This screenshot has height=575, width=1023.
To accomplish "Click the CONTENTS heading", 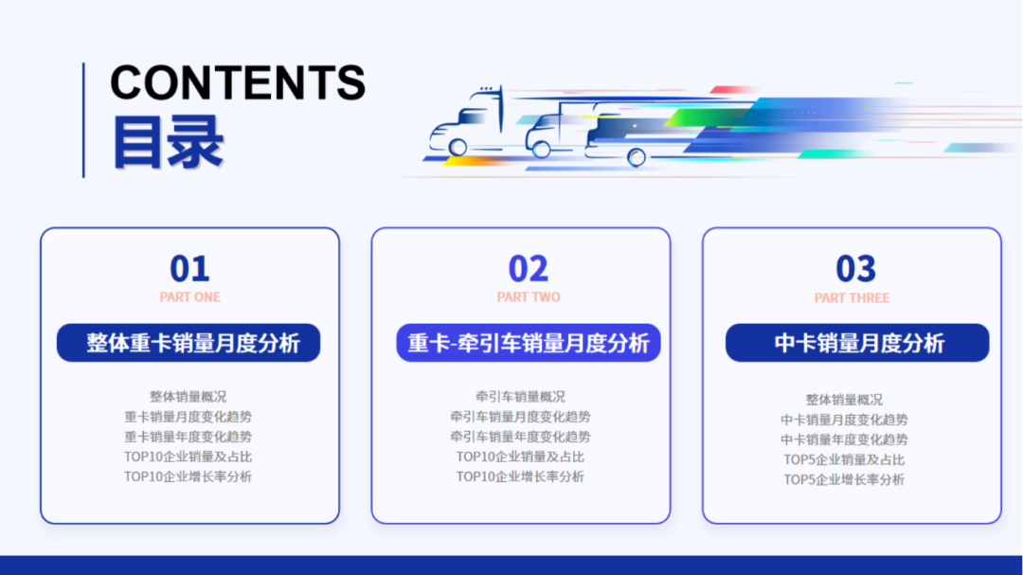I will (x=238, y=83).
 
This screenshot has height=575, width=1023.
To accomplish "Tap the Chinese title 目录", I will (x=168, y=142).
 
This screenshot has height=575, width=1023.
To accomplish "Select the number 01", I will (x=189, y=269).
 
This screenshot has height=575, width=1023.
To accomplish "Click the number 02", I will (x=528, y=269).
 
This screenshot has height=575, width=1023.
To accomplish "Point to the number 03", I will (x=855, y=270).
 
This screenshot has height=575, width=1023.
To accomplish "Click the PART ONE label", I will (x=189, y=297).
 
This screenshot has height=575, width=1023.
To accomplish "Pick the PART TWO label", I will (x=529, y=297).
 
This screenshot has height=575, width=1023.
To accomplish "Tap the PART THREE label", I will (x=852, y=298).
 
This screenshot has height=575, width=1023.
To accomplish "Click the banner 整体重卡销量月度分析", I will (x=188, y=343).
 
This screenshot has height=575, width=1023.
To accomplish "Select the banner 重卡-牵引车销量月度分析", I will (x=528, y=343).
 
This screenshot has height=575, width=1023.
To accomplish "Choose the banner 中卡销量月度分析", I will (x=857, y=343).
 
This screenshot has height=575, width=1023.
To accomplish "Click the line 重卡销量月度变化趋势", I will (x=188, y=417).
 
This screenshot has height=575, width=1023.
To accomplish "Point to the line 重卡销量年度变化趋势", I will (x=188, y=437).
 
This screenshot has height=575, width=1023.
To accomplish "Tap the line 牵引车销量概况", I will (x=520, y=397).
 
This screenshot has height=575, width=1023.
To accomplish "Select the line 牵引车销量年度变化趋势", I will (x=520, y=437).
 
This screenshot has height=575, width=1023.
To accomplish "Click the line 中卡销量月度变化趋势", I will (x=844, y=420).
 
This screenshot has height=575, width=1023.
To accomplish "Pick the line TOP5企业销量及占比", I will (x=844, y=459).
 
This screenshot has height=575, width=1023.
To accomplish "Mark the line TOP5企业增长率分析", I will (x=844, y=479).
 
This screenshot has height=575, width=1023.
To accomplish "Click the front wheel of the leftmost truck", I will (x=458, y=148).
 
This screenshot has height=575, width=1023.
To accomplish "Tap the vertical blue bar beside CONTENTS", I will (x=83, y=119).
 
